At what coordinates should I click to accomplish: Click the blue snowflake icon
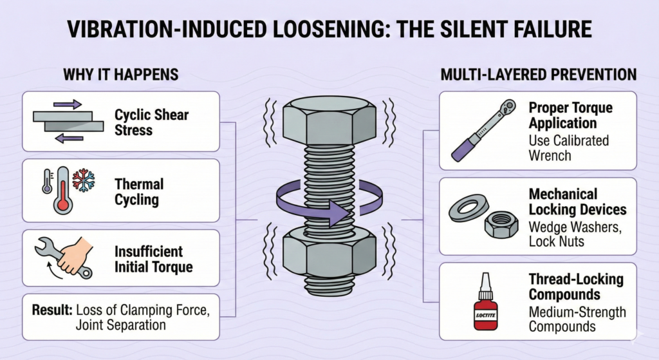click(83, 180)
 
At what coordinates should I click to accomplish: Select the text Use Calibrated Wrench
click(568, 147)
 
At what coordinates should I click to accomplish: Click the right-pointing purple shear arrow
click(67, 105)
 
